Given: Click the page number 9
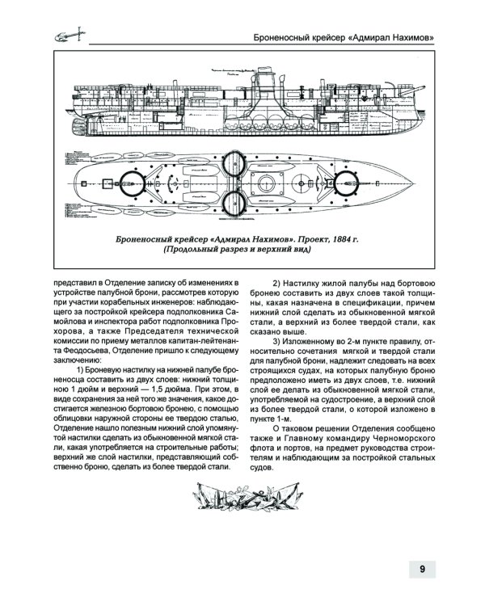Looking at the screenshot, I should (x=423, y=568).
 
